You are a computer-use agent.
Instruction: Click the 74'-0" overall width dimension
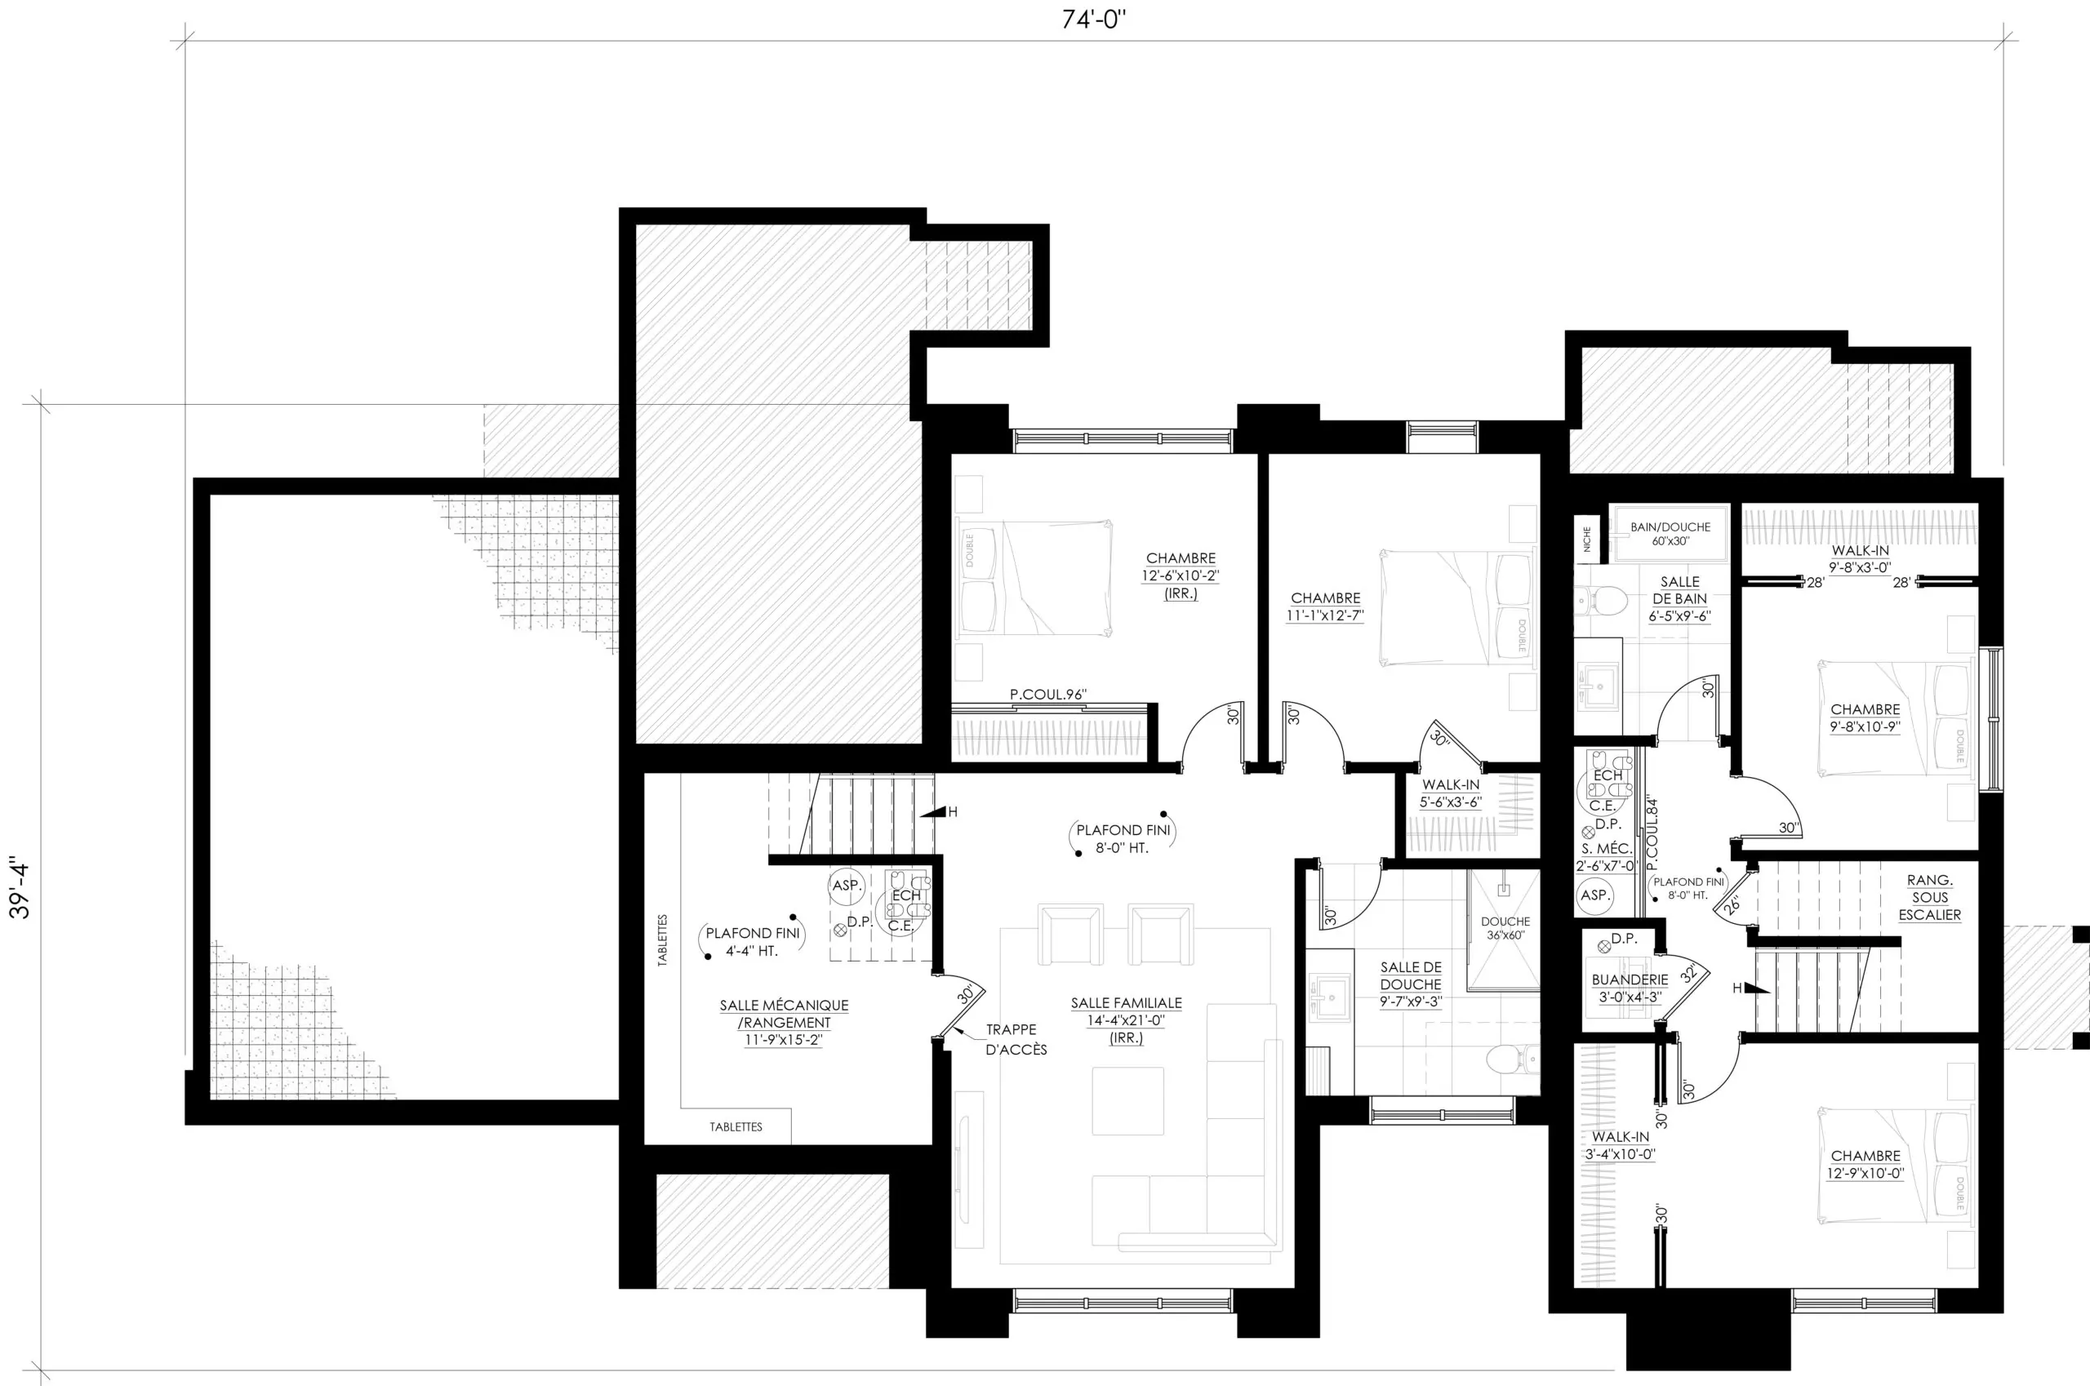1094,20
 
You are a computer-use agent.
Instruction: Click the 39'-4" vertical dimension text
20,886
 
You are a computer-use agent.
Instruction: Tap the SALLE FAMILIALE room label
1127,1020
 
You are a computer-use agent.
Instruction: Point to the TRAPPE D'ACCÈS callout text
1016,1040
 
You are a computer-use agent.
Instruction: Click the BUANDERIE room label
1630,988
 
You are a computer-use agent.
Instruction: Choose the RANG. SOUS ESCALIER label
1930,897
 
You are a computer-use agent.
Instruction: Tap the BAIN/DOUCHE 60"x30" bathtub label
1670,534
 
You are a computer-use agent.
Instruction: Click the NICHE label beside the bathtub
1587,540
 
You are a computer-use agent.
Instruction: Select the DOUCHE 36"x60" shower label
1505,928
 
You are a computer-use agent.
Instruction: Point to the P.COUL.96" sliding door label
1047,695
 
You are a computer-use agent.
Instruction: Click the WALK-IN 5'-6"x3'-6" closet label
1451,793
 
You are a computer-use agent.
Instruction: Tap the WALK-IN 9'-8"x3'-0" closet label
1860,559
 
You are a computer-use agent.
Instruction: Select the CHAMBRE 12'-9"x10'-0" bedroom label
1865,1165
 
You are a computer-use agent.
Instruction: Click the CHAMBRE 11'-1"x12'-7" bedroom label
1325,607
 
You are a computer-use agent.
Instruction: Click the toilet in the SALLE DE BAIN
1602,602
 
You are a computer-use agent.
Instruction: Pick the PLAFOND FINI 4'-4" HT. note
753,941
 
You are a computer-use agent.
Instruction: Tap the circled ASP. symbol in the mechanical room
846,885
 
